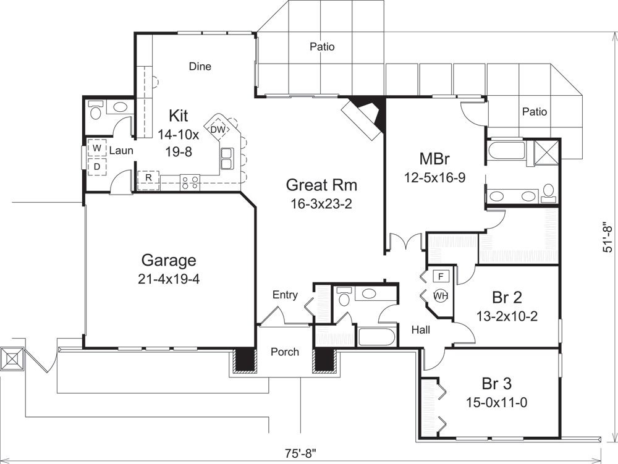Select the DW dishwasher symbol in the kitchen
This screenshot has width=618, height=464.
point(217,129)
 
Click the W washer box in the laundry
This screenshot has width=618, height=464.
point(97,149)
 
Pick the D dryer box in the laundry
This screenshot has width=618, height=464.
point(97,166)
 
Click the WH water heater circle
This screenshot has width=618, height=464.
point(440,295)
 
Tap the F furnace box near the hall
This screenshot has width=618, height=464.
point(440,276)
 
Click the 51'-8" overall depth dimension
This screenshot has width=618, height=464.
point(608,237)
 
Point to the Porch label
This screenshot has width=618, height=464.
point(285,352)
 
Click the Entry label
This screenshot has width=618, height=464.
point(285,295)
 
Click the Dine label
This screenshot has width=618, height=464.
point(200,67)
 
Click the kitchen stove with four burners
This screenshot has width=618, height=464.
point(190,182)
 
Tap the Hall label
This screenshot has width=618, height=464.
point(421,330)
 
